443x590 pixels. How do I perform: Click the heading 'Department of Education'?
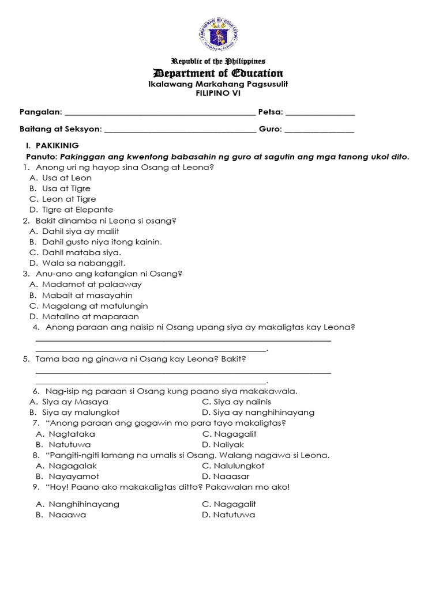(x=217, y=73)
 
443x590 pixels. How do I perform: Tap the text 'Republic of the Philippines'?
(x=216, y=61)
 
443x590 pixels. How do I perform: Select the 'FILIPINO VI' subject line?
(x=217, y=93)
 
